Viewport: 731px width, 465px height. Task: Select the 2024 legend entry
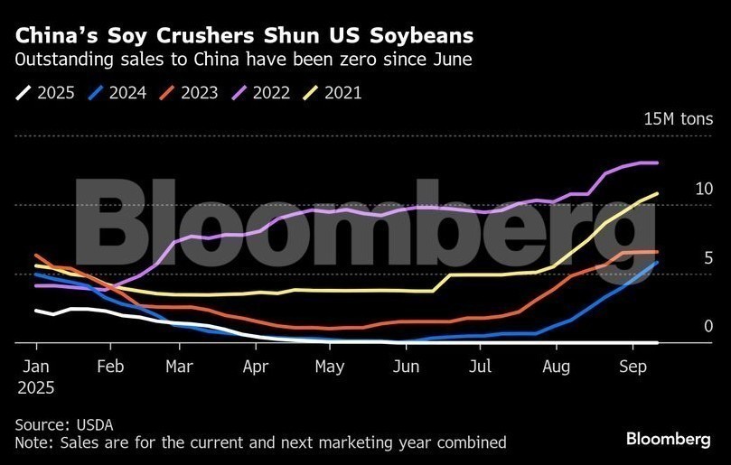tap(118, 92)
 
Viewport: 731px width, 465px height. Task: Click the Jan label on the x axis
tap(36, 367)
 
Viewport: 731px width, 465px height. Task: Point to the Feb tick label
tap(110, 367)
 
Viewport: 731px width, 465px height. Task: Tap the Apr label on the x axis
tap(256, 367)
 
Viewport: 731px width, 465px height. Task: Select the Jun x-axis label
tap(407, 367)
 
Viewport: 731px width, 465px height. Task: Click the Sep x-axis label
tap(631, 367)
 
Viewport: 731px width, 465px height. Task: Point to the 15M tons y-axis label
tap(678, 119)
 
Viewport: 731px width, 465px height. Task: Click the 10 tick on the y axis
tap(704, 189)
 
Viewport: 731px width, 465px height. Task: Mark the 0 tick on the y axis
tap(708, 326)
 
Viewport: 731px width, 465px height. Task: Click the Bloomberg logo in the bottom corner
tap(668, 438)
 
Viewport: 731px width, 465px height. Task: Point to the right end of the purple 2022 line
tap(657, 163)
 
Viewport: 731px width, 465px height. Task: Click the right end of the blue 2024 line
tap(657, 263)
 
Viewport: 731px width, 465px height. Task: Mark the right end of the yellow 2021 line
tap(657, 193)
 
